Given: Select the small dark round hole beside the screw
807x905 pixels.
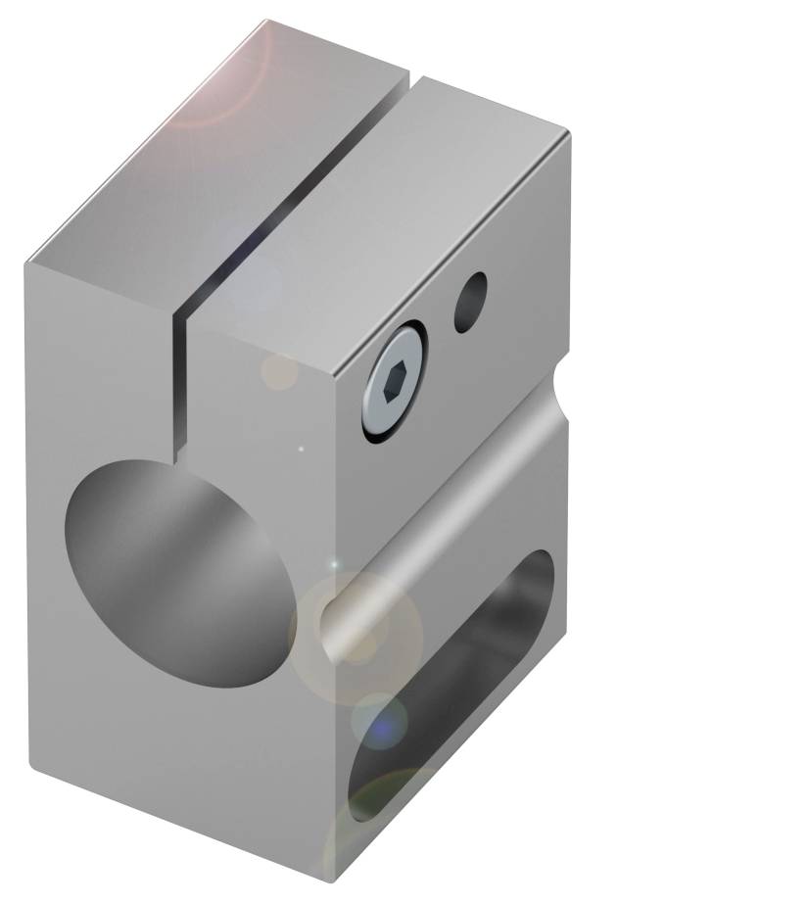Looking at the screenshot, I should coord(470,302).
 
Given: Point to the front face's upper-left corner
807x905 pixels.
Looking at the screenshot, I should coord(29,262).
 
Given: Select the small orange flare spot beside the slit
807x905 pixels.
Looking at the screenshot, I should coord(279,371).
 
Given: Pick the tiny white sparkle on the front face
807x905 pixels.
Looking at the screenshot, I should coord(302,450).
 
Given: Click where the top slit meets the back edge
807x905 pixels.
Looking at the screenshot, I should coord(411,73).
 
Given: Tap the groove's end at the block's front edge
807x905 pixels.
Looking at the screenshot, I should coord(333,627).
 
